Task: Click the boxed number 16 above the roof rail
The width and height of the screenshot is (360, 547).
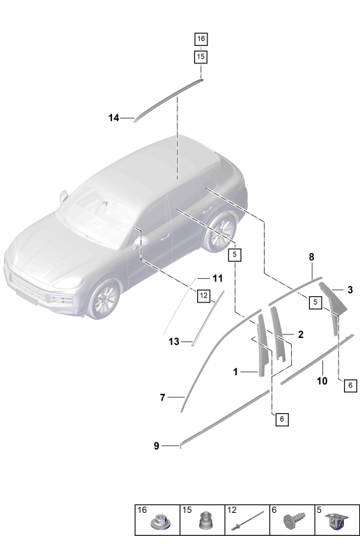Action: [x=201, y=39]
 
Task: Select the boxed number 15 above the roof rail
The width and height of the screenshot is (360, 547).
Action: [x=201, y=56]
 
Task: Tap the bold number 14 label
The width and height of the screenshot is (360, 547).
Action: [x=114, y=118]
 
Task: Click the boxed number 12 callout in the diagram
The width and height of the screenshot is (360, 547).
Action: [x=203, y=296]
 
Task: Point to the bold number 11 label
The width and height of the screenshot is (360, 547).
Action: [x=217, y=279]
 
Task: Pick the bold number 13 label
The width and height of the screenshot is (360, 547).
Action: [x=174, y=341]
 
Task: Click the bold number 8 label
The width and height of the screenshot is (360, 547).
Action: [x=311, y=257]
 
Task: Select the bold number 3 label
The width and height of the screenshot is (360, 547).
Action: [x=350, y=290]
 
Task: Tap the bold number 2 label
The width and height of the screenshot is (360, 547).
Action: [x=300, y=334]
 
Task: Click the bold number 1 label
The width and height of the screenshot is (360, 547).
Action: [x=235, y=372]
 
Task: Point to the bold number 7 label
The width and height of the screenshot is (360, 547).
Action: [x=162, y=397]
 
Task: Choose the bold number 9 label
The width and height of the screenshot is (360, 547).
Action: [x=157, y=446]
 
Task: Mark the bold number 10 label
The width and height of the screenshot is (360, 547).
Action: [x=322, y=381]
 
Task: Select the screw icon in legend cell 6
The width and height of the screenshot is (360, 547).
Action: [x=295, y=521]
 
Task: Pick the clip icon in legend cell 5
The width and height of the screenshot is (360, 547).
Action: [x=337, y=522]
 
